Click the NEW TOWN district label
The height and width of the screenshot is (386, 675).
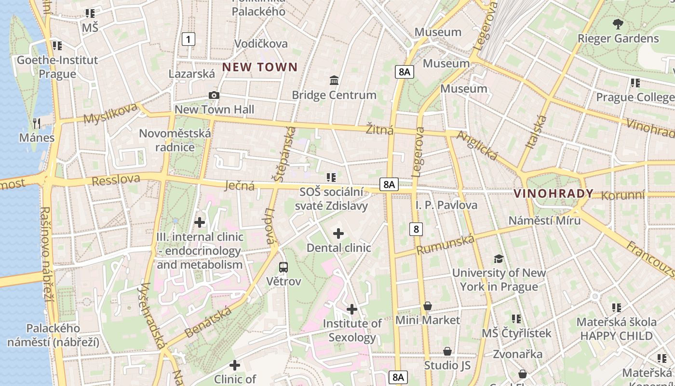tap(260, 67)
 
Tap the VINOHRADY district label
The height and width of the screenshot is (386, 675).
tap(553, 193)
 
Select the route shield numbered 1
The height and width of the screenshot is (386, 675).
tap(189, 39)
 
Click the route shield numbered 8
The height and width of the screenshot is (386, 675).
tap(416, 229)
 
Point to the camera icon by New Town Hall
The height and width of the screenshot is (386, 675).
tap(214, 96)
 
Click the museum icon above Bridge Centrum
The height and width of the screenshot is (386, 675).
tap(334, 80)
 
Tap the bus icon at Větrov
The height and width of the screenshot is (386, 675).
tap(283, 267)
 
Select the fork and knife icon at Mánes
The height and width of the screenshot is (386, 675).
tap(37, 123)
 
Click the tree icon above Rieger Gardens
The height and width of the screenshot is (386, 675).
tap(618, 24)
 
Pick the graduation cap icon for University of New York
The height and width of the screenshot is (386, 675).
tap(499, 259)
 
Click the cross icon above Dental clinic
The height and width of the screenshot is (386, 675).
tap(338, 234)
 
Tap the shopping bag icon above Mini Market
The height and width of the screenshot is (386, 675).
tap(427, 306)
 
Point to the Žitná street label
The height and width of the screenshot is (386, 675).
tap(379, 130)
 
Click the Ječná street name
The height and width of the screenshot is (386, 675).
tap(240, 185)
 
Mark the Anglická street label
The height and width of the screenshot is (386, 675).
tap(477, 145)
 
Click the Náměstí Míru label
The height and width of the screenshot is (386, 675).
tap(545, 221)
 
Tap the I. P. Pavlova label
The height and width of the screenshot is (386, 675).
tap(446, 205)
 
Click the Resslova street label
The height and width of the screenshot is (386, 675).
tap(116, 180)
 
